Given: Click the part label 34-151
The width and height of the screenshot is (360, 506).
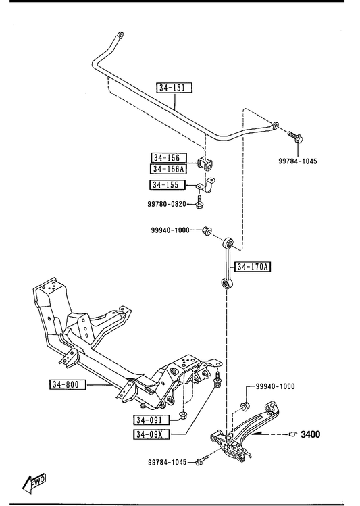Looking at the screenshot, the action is coord(174,87).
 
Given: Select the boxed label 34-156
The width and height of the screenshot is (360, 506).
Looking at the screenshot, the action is coord(169,158).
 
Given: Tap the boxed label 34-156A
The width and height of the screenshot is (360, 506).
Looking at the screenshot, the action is coord(168,169).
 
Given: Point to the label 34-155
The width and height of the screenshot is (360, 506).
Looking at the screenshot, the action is coord(168,185).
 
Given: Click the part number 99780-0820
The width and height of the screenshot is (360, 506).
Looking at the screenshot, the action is coord(167,204).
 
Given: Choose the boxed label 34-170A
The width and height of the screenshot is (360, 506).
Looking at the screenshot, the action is coord(253,267).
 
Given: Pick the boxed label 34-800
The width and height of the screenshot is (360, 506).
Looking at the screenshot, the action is coord(68,384).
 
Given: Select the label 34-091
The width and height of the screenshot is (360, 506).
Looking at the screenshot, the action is coord(151,420).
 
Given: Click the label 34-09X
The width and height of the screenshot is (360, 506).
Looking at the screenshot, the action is coord(151,434).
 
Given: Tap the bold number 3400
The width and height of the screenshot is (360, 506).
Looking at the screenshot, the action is coord(310,434).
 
